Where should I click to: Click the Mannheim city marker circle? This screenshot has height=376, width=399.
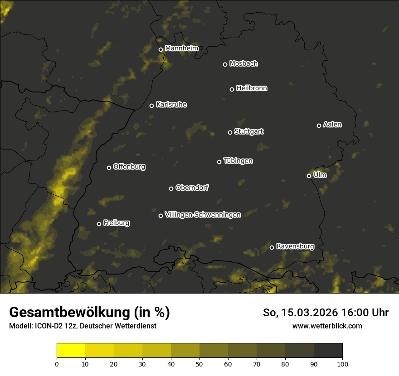click(x=161, y=50)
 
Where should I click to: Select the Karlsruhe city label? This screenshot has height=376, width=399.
click(x=171, y=105)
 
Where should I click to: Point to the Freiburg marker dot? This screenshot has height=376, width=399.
click(x=99, y=224)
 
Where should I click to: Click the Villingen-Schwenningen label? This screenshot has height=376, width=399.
click(x=203, y=214)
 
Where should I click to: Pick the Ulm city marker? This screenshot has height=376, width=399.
click(x=309, y=176)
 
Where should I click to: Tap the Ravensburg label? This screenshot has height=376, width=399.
click(x=295, y=246)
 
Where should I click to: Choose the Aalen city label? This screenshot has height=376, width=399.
click(x=332, y=125)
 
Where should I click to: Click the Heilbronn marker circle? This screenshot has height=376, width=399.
click(x=232, y=89)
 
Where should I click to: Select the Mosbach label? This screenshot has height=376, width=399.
click(x=243, y=63)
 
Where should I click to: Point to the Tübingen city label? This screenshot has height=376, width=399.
click(x=238, y=161)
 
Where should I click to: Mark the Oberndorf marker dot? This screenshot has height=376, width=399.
click(x=171, y=188)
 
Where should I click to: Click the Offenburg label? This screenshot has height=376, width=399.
click(x=129, y=167)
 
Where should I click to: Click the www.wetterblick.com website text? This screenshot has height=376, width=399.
click(x=327, y=326)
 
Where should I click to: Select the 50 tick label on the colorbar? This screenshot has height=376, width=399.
click(x=199, y=364)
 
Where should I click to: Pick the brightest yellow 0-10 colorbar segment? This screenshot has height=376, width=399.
click(x=71, y=351)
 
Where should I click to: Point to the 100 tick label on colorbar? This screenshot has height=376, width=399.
click(x=342, y=364)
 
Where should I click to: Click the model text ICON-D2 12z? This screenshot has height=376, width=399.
click(x=54, y=326)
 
